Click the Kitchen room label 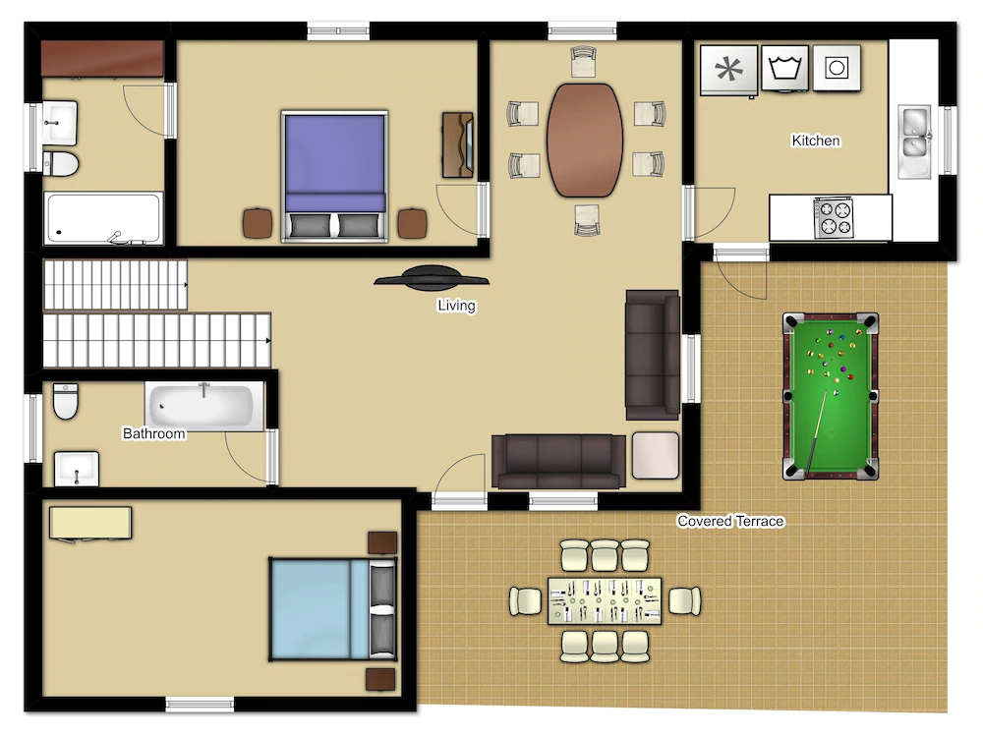coord(816,141)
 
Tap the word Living coord(456,306)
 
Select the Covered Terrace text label coord(730,521)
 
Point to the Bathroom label coord(153,433)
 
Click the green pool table coord(831,396)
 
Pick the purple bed coord(335,176)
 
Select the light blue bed coord(333,609)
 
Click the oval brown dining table coord(585,141)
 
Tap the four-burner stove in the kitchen coord(834,218)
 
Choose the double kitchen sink coord(914,141)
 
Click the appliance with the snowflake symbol coord(728,70)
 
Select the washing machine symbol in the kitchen coord(784,68)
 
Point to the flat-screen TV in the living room coord(432,278)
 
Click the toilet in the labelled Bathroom coord(66,401)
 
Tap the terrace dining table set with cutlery coord(605,601)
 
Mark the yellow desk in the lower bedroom coord(90,523)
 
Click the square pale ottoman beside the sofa coord(656,456)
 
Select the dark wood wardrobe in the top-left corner coord(103,59)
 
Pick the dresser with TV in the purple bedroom coord(458,144)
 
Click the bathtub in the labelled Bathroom coord(205,406)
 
